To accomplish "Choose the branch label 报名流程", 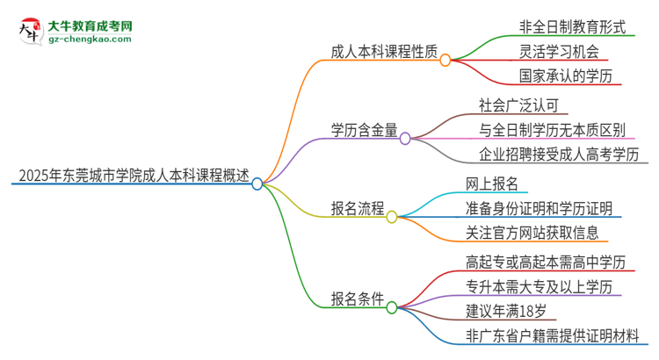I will [x=357, y=208].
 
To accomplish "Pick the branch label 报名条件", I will [x=357, y=298].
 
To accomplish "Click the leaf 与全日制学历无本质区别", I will [x=552, y=131].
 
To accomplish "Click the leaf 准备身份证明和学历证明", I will [x=545, y=208].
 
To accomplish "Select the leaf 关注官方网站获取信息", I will [x=532, y=233].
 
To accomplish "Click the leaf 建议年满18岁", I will [x=511, y=310].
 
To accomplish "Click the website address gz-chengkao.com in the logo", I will [x=91, y=39].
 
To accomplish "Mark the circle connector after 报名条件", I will [x=392, y=307].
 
